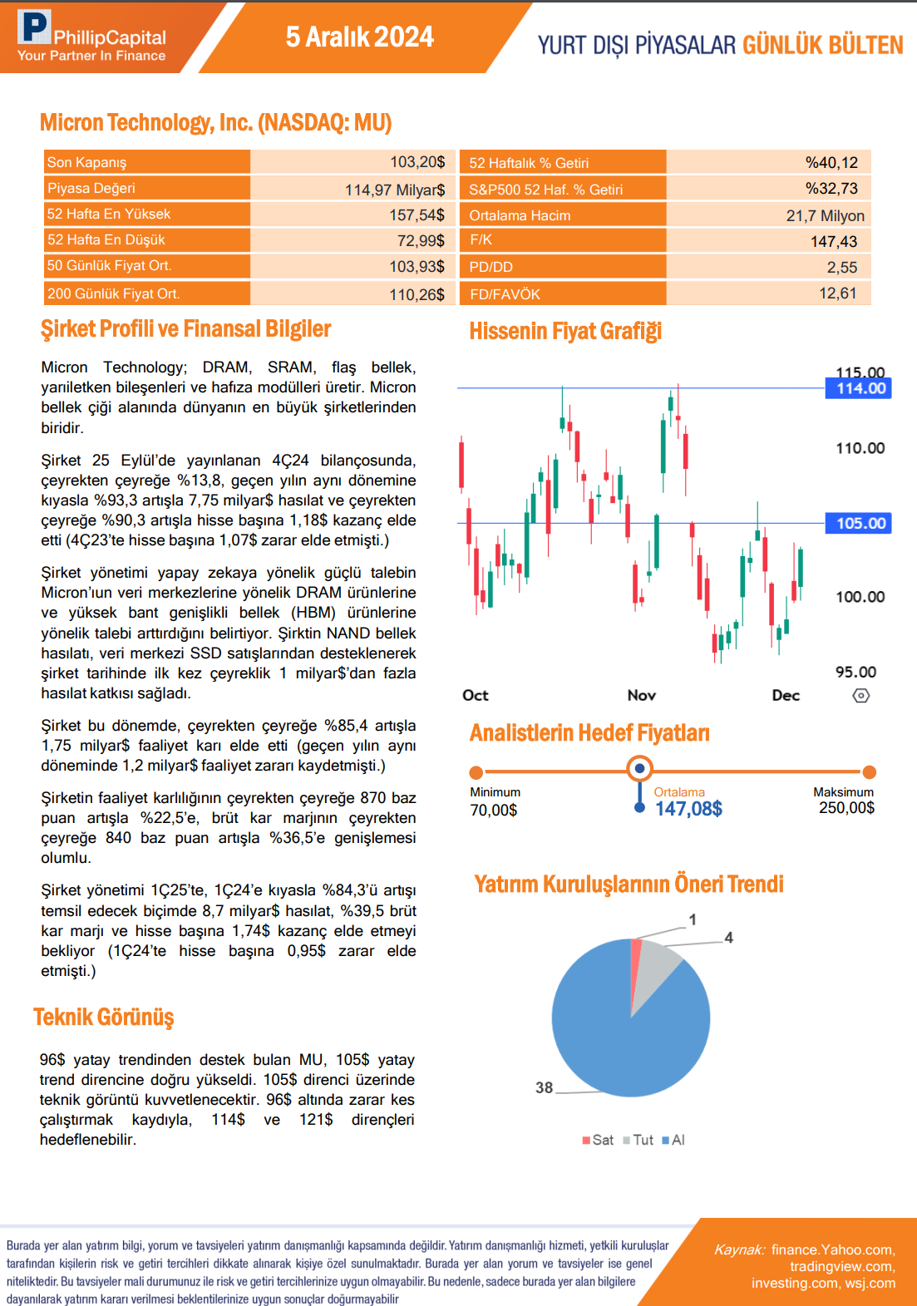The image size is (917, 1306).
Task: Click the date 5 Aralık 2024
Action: tap(359, 37)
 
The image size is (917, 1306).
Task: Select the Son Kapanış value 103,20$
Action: tap(417, 162)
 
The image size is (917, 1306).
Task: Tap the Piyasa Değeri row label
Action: tap(91, 188)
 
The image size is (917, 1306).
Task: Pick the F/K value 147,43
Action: tap(834, 241)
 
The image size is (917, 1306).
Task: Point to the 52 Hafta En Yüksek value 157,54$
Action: tap(417, 214)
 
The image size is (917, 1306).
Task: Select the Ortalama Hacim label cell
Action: tap(520, 215)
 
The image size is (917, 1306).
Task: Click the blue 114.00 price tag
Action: tap(860, 388)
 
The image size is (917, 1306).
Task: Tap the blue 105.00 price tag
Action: tap(860, 523)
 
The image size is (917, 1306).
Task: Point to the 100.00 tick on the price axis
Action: tap(860, 597)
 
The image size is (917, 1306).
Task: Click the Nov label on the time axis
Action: tap(641, 695)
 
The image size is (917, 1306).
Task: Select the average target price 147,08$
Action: tap(688, 809)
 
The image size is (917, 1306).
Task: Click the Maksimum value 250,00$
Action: tap(846, 808)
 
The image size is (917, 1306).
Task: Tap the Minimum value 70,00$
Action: tap(494, 810)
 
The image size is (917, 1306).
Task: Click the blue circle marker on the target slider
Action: tap(639, 769)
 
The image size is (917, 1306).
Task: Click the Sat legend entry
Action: tap(599, 1140)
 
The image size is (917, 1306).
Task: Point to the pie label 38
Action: tap(544, 1087)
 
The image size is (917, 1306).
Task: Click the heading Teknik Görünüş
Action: tap(104, 1017)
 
